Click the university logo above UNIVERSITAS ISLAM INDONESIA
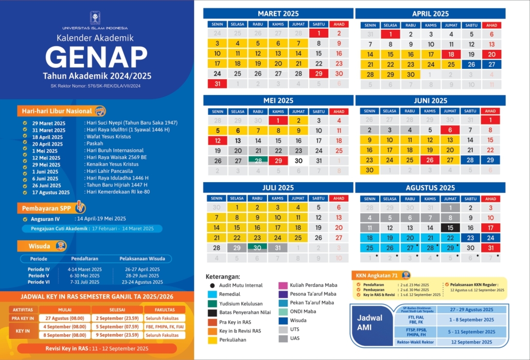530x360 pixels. [x=95, y=17]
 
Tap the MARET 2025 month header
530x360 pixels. [x=278, y=13]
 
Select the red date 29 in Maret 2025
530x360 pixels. [x=319, y=74]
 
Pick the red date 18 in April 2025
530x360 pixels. [x=451, y=54]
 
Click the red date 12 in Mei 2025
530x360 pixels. [x=218, y=140]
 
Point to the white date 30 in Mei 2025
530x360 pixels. [x=298, y=160]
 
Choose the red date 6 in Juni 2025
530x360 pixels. [x=450, y=130]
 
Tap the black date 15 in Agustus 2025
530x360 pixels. [x=450, y=227]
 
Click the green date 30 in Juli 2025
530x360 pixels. [x=258, y=247]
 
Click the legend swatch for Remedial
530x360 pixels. [x=211, y=294]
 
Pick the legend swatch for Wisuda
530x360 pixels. [x=283, y=320]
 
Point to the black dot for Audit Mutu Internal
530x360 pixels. [x=211, y=285]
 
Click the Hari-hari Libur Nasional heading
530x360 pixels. [x=57, y=111]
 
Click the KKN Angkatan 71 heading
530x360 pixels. [x=376, y=275]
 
